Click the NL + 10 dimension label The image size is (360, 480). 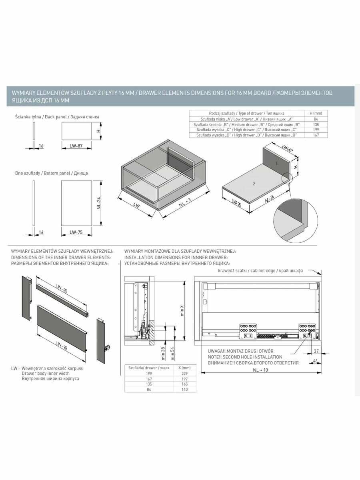(260, 370)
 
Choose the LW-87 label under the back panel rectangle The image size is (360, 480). (76, 146)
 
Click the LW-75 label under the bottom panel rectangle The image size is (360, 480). (76, 232)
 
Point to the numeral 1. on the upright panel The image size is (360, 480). (276, 164)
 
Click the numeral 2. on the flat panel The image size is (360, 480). (254, 184)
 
